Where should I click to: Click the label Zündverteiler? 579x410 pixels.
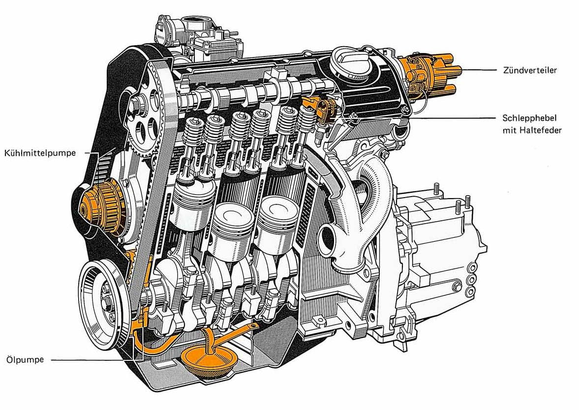tap(529, 70)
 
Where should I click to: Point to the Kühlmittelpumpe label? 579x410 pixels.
tap(40, 153)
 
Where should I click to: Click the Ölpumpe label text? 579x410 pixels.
tap(25, 359)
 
